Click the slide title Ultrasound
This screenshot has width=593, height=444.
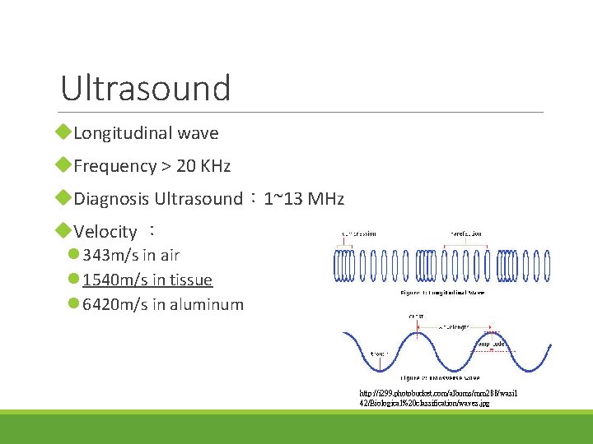click(146, 88)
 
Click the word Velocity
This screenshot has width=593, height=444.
click(105, 232)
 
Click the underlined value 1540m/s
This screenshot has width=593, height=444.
click(114, 280)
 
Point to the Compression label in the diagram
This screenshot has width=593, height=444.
click(358, 234)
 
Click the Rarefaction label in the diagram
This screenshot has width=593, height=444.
click(466, 234)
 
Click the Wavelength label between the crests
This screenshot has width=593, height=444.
click(454, 326)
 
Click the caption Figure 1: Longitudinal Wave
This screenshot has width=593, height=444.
click(441, 291)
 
